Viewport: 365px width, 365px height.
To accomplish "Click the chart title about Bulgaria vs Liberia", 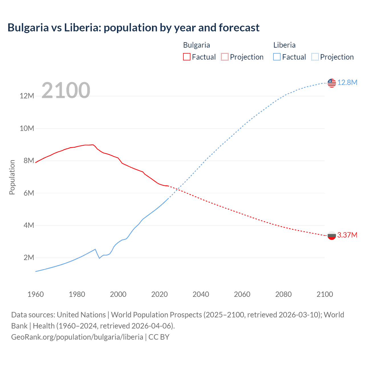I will click(133, 28).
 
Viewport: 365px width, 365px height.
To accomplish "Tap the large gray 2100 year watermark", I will click(66, 90).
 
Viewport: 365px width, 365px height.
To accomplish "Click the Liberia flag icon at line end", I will click(332, 83).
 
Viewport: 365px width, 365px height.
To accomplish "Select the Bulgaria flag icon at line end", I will click(332, 236).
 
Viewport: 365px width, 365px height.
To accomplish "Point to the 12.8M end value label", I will click(347, 83).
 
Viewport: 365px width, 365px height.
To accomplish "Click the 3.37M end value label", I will click(347, 235).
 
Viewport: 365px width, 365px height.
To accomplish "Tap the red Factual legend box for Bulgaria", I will click(186, 57).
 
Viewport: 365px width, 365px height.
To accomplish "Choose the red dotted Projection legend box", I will click(225, 57).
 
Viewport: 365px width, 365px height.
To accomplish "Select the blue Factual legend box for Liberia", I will click(277, 57).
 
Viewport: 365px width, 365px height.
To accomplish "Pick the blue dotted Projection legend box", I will click(315, 57).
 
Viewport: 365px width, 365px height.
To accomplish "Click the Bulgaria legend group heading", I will click(196, 45).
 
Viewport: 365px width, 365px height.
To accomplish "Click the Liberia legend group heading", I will click(284, 45).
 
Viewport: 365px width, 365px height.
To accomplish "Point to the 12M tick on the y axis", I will click(27, 96).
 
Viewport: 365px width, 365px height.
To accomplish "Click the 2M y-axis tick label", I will click(29, 258).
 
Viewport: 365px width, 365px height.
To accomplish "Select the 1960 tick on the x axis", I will click(36, 294).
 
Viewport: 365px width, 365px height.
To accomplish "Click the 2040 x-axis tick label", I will click(201, 294).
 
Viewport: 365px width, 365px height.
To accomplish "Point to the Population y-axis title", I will click(12, 177).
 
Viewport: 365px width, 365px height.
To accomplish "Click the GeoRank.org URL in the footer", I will click(77, 337).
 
